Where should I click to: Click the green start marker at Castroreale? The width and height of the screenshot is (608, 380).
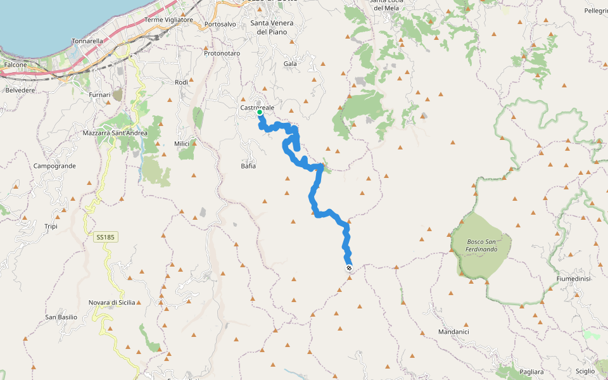coord(260,112)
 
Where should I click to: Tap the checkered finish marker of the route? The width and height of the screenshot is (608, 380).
coord(349,269)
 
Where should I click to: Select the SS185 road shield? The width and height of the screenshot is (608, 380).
coord(105,237)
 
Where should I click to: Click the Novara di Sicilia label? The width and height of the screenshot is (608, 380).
coord(111,303)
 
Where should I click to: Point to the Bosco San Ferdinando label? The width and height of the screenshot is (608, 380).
coord(482,245)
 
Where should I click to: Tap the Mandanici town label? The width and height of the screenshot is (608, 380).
coord(453,331)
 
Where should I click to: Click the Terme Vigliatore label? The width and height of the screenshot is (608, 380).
coord(168,20)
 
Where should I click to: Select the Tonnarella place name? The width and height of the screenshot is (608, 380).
coord(87,41)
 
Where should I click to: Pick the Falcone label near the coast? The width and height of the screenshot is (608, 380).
coord(15,65)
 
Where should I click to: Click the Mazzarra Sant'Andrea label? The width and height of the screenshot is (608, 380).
coord(115,133)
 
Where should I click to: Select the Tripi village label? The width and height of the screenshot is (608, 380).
coord(51,226)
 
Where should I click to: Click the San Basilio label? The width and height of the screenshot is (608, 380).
coord(61,317)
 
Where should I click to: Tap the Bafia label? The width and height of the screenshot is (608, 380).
coord(248,166)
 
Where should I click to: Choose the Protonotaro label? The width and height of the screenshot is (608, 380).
coord(222,54)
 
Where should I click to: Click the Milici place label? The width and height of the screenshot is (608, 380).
coord(182,144)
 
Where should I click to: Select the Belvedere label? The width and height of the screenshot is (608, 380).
coord(20,91)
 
